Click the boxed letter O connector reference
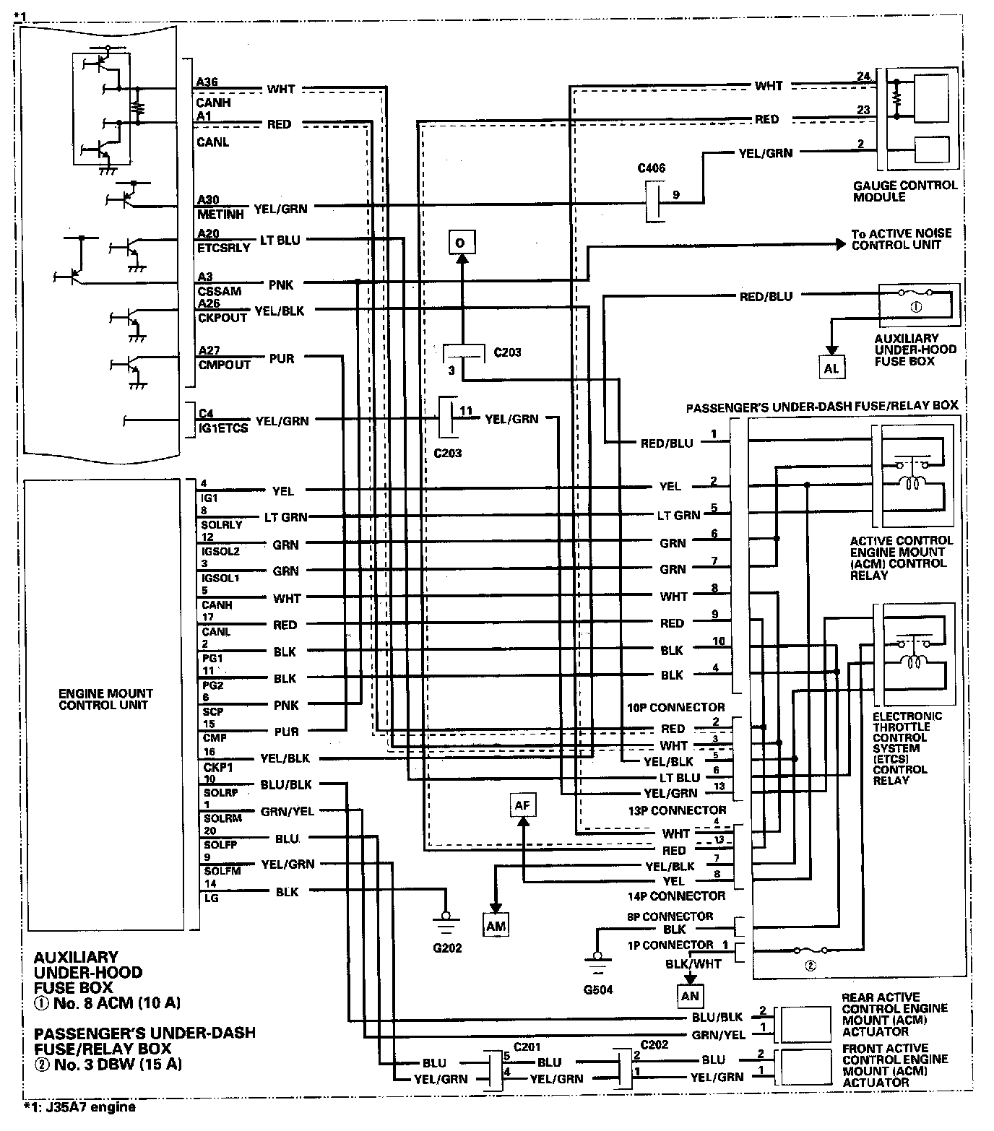coord(460,242)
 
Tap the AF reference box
coord(522,805)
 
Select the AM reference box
coord(496,925)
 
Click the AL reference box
coord(831,368)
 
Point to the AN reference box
coord(690,996)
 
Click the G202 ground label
coord(445,947)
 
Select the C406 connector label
coord(651,168)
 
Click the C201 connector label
coord(527,1046)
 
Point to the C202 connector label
coord(653,1044)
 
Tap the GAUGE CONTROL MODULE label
coord(904,191)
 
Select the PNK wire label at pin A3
coord(280,285)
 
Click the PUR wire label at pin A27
coord(281,357)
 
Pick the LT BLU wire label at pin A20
coord(280,240)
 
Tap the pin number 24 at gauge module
coord(862,76)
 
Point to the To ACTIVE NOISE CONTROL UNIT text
coord(901,239)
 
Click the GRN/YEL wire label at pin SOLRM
coord(288,811)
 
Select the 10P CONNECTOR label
coord(675,707)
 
